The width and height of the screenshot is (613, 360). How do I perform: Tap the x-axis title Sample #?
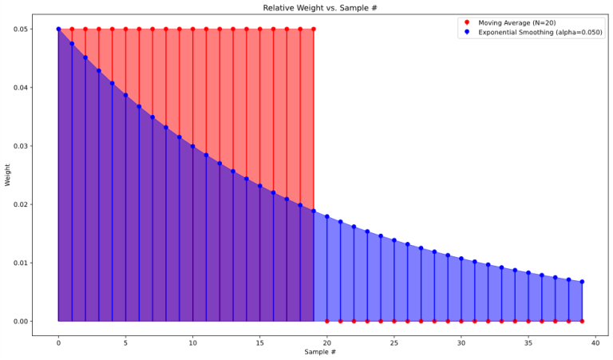(320, 352)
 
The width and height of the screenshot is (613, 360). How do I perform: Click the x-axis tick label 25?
(394, 339)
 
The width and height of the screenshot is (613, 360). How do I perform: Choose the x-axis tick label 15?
(259, 339)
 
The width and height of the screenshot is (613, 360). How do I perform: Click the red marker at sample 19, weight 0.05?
(314, 29)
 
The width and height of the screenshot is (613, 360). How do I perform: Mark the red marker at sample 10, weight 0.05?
(192, 29)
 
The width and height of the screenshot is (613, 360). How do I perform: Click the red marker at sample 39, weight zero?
(582, 321)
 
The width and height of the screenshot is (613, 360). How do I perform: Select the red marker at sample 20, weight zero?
(327, 321)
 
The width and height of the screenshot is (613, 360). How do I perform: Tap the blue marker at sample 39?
(582, 282)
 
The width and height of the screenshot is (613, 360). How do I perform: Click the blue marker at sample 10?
(192, 146)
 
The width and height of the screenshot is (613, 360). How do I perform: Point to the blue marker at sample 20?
(327, 216)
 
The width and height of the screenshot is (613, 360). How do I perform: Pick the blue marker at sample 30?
(461, 259)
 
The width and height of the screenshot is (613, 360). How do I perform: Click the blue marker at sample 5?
(125, 95)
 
